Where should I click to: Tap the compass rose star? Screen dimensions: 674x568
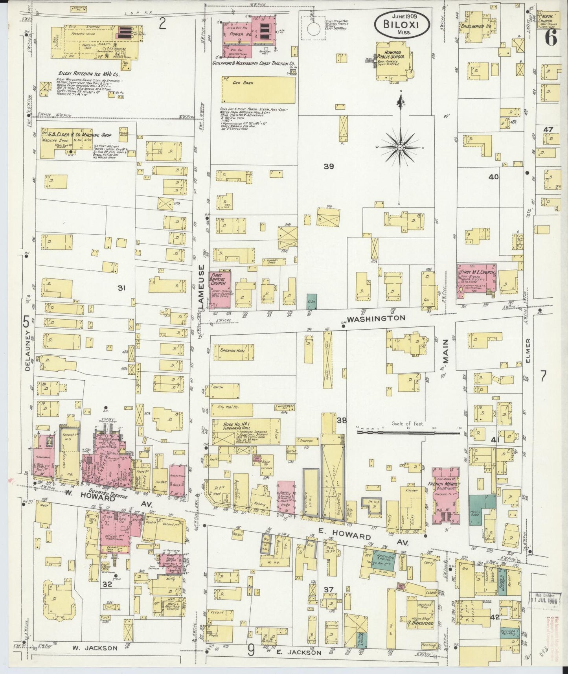[x=400, y=147]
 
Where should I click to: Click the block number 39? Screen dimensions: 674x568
[x=329, y=166]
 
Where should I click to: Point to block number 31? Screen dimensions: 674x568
[x=121, y=288]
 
